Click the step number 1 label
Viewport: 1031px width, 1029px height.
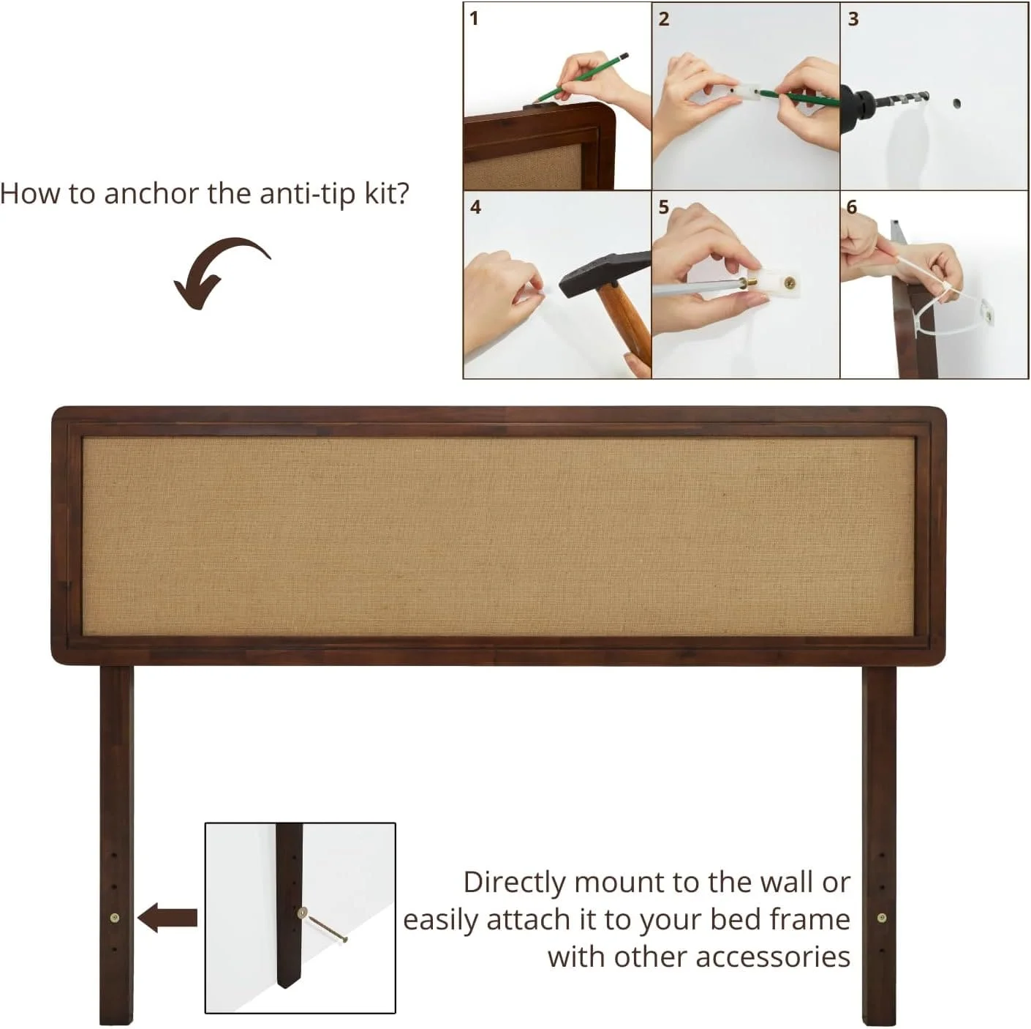474,19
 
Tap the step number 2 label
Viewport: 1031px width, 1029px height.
663,19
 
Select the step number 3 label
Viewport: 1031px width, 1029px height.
853,19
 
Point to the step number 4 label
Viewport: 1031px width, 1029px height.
475,207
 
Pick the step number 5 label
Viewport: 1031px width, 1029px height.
663,207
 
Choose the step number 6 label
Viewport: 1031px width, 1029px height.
852,207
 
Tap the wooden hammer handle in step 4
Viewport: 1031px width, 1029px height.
627,321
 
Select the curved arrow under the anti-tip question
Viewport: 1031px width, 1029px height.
216,271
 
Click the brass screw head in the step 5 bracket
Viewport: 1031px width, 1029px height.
789,281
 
